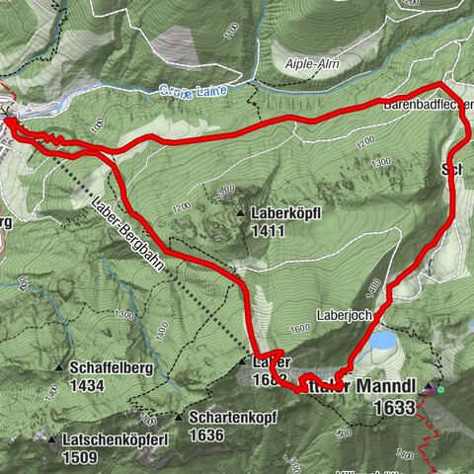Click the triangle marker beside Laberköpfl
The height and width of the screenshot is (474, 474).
click(x=241, y=212)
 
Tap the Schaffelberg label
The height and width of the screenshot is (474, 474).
click(x=111, y=368)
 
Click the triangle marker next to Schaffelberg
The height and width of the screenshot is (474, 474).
click(x=60, y=368)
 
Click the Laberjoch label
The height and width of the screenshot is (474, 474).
click(x=343, y=317)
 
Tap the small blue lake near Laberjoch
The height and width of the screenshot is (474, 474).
click(x=382, y=342)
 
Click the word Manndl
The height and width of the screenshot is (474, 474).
click(x=386, y=384)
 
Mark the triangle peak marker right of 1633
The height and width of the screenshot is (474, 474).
click(x=429, y=384)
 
